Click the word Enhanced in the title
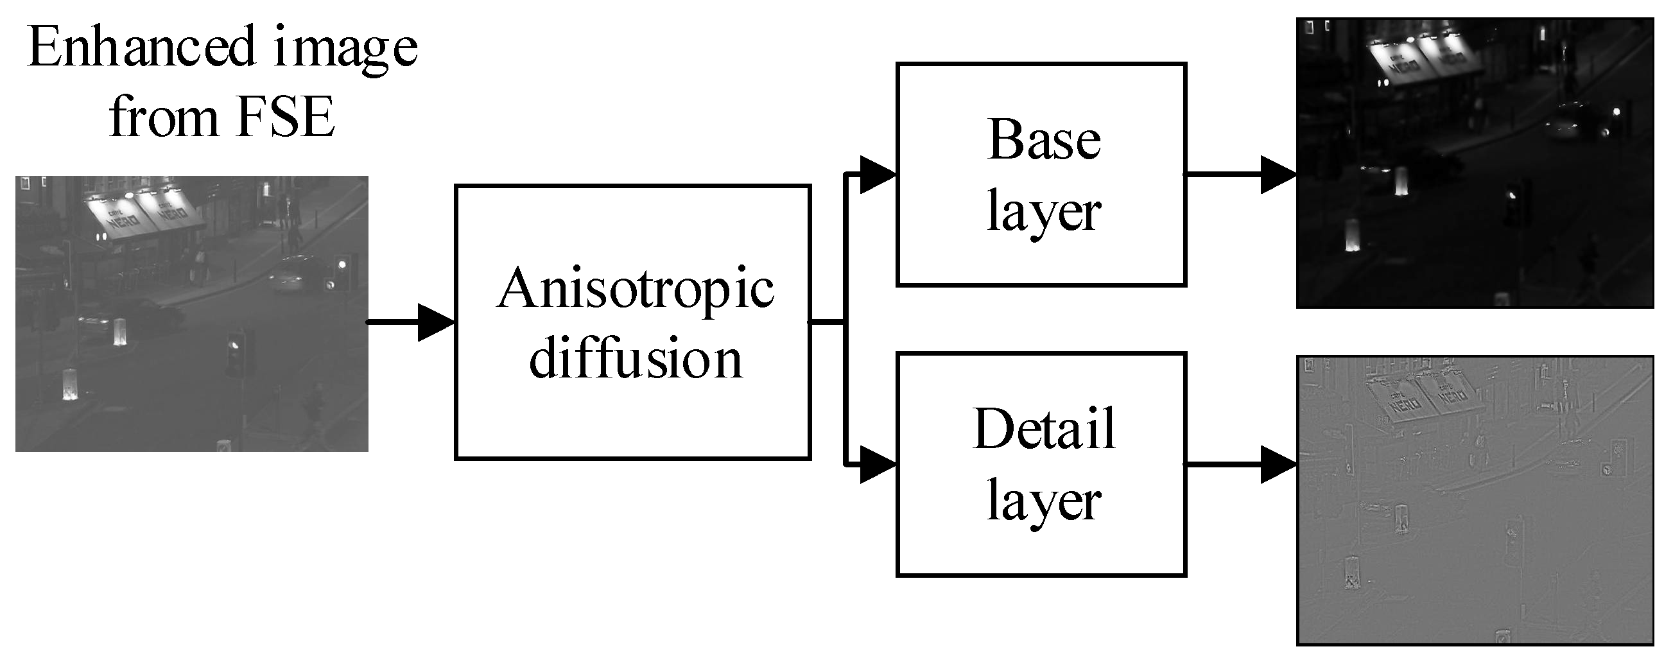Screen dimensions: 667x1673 pos(141,47)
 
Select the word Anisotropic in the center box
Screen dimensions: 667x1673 pos(635,288)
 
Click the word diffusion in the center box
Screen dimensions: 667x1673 pos(635,358)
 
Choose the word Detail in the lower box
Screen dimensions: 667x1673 pos(1044,429)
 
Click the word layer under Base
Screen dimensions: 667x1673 pos(1044,212)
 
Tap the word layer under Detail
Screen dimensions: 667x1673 pos(1044,501)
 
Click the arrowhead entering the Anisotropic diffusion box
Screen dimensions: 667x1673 pos(435,322)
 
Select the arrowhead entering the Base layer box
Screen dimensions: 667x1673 pos(877,175)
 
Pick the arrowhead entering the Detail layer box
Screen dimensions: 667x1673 pos(877,465)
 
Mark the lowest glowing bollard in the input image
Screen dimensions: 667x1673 pos(69,385)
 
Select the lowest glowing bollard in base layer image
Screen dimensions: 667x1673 pos(1353,235)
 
